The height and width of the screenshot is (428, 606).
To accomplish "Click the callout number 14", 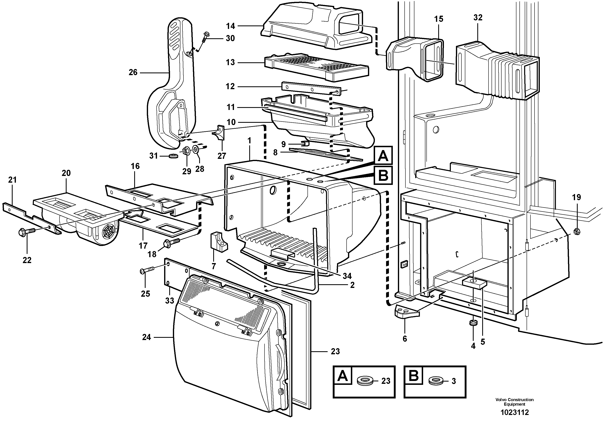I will click(x=231, y=26).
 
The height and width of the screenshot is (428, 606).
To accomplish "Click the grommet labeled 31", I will click(x=173, y=156).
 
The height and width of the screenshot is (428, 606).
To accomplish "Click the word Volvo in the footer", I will click(x=500, y=400).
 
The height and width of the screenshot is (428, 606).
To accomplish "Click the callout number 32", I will click(x=478, y=18).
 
